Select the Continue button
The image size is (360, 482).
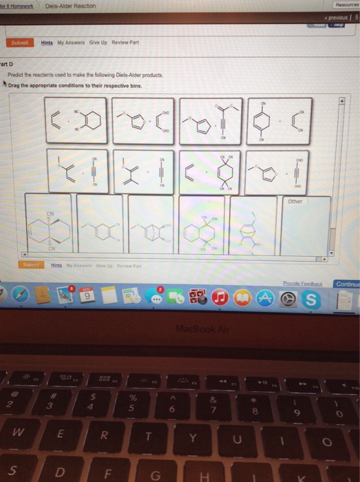coord(346,283)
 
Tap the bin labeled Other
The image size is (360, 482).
coord(305,224)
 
